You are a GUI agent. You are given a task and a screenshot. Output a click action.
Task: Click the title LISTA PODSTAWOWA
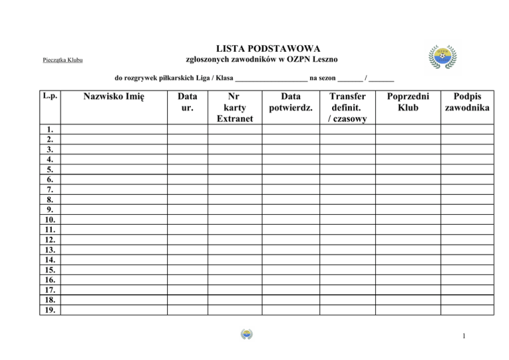(268, 48)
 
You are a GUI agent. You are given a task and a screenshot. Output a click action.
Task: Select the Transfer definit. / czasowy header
(347, 107)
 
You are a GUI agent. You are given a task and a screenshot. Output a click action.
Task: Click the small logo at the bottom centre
(247, 335)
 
